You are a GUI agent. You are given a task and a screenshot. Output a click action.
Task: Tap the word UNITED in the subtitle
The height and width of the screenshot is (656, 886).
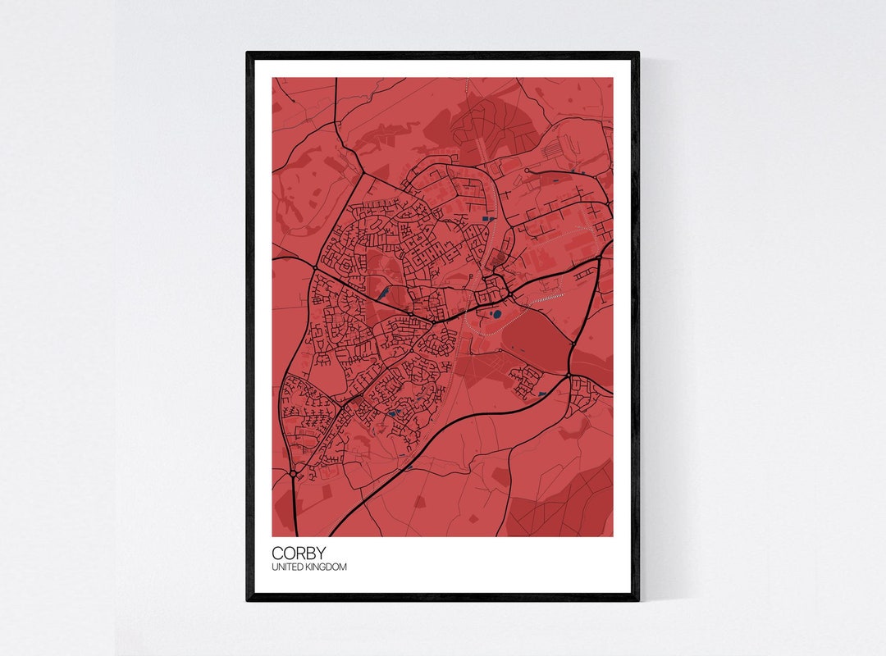pos(287,567)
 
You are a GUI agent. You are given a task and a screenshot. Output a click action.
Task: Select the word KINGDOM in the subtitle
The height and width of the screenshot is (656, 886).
pos(327,567)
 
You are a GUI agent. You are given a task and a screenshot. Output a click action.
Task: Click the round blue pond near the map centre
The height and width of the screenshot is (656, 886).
pos(496,314)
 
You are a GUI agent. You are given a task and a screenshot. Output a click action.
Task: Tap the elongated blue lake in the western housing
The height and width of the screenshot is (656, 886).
pos(382,290)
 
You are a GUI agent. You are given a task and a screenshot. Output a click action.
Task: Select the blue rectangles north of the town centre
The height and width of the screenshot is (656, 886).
pos(486,219)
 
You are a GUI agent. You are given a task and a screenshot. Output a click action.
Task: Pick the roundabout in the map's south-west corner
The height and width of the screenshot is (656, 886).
pos(294,473)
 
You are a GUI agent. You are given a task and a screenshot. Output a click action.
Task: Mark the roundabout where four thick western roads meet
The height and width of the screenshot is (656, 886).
pos(315,266)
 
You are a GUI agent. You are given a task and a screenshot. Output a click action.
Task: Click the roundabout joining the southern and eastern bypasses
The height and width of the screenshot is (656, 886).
pos(568,376)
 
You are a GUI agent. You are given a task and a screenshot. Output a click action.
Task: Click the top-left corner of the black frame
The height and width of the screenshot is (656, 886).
pos(249,54)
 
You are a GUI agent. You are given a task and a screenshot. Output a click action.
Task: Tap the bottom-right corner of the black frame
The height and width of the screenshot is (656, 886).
pos(637,599)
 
